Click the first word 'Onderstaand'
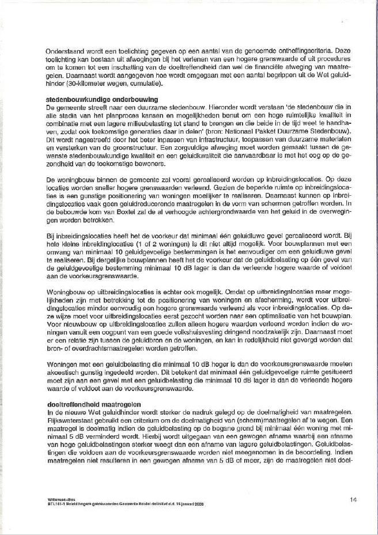point(65,51)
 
